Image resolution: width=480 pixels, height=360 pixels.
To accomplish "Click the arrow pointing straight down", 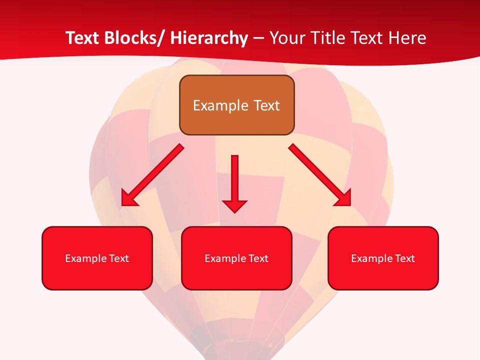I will point(234,182).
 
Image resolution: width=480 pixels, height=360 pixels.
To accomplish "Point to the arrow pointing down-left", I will point(152,175).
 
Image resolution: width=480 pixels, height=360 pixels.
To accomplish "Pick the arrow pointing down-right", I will point(320,175).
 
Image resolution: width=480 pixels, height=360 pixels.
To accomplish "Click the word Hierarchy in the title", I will point(209,38).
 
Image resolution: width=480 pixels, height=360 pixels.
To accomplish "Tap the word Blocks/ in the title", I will point(129,38).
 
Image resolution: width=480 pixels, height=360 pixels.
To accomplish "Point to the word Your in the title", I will point(287,38).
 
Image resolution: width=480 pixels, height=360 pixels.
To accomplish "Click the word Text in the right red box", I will point(404,258).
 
